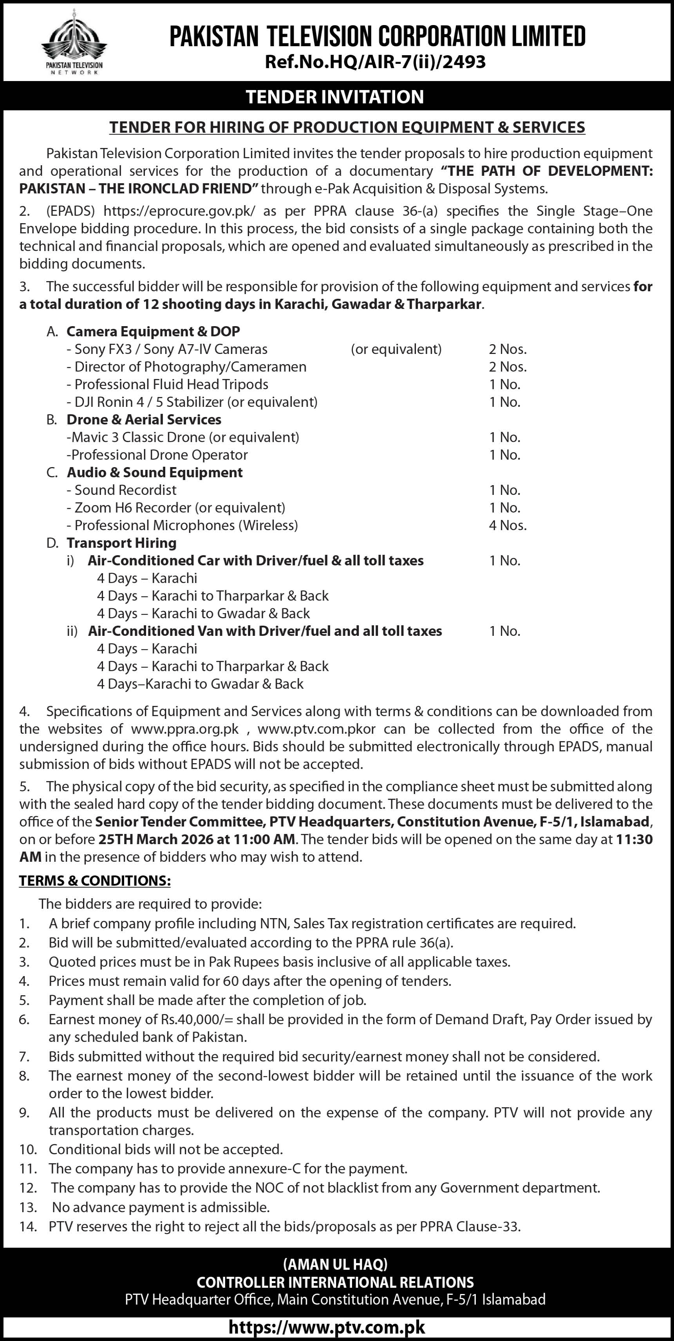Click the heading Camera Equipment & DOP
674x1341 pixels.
tap(153, 332)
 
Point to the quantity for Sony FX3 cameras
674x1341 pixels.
tap(507, 349)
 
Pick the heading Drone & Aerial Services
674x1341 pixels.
tap(144, 420)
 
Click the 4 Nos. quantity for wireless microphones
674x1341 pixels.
tap(507, 525)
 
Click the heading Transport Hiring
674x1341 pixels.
tap(121, 543)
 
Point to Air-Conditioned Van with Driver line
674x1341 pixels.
tap(265, 631)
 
